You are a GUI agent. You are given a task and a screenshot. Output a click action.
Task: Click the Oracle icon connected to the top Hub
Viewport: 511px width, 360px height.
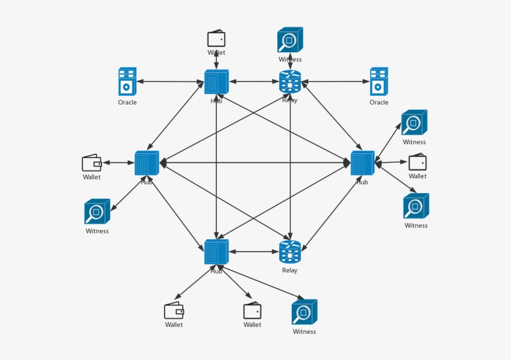coord(127,81)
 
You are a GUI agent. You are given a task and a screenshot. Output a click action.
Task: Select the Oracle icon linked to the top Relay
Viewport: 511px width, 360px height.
coord(378,81)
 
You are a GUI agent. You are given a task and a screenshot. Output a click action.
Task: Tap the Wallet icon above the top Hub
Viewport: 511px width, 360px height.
coord(216,39)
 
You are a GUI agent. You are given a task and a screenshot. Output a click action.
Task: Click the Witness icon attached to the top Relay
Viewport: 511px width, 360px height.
coord(290,40)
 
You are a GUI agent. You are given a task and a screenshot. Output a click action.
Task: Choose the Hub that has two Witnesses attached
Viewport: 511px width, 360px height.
coord(362,163)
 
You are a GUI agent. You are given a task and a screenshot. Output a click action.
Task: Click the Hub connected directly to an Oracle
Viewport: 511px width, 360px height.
coord(216,82)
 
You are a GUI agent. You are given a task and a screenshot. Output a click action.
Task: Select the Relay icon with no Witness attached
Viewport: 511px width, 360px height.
coord(290,252)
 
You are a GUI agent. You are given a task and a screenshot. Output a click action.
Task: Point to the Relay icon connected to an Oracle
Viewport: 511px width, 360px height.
coord(290,82)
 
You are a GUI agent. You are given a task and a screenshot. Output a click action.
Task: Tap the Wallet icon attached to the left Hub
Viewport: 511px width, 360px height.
coord(92,163)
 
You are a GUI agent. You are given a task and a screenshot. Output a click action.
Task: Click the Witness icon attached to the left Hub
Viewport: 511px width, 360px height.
coord(97,212)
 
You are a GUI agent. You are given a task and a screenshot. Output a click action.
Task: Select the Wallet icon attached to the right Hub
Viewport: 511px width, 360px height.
coord(418,163)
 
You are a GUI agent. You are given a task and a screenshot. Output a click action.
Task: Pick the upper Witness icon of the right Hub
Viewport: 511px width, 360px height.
coord(414,123)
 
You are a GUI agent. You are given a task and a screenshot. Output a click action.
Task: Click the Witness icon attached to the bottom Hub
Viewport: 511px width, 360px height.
coord(305,312)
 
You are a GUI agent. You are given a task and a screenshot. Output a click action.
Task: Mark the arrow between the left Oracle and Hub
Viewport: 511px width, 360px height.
coord(171,82)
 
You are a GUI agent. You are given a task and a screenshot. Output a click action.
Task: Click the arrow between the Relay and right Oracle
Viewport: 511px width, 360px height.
coord(335,82)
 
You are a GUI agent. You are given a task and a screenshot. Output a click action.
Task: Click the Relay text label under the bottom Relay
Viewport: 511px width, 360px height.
coord(290,270)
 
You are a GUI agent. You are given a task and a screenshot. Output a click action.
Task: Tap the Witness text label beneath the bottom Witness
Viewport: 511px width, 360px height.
coord(305,331)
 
